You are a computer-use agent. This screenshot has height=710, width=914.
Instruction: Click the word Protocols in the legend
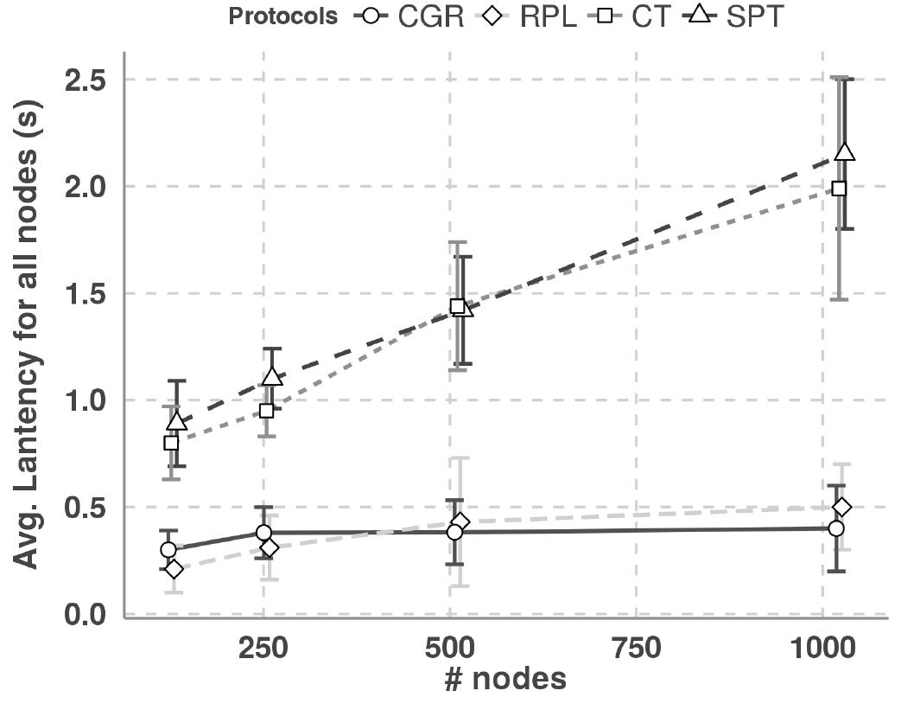(x=282, y=17)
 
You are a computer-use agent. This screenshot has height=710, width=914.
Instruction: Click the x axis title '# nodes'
(x=505, y=680)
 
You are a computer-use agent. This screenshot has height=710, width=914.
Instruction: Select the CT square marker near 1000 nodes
(x=838, y=188)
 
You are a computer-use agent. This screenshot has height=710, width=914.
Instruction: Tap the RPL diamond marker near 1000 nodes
(x=842, y=507)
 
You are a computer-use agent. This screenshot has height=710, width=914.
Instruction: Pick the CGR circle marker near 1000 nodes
(x=835, y=528)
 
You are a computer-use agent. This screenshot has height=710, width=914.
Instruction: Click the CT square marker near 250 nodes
(x=266, y=411)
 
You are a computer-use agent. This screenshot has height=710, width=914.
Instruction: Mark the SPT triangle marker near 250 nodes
(x=272, y=377)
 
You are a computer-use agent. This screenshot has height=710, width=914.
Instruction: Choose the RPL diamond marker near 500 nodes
(x=460, y=521)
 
